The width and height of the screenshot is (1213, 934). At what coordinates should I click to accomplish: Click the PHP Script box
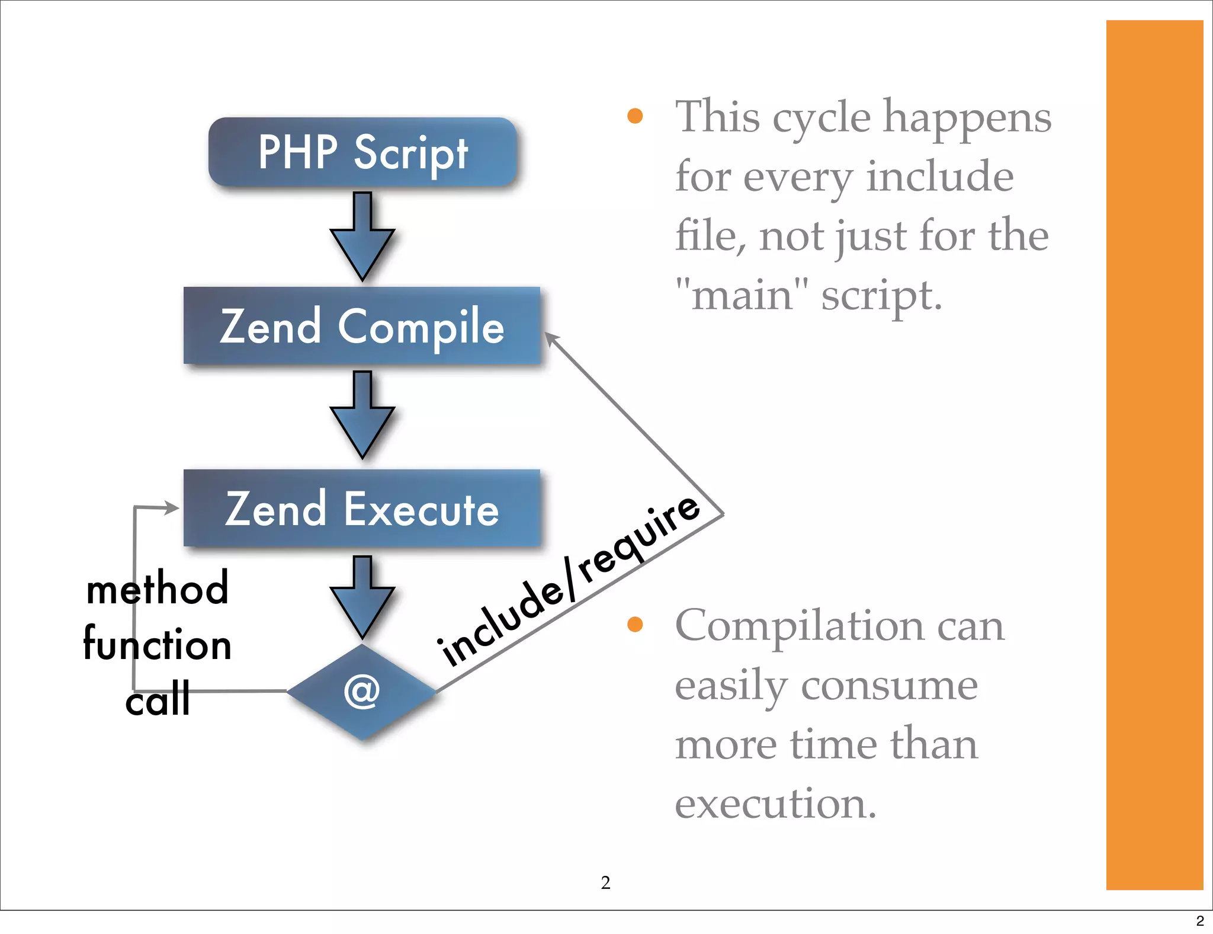(362, 152)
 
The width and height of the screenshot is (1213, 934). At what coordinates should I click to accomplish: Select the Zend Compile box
(362, 325)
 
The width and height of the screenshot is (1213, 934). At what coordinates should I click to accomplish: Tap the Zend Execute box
(362, 508)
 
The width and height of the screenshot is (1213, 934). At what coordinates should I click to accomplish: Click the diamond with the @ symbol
(362, 692)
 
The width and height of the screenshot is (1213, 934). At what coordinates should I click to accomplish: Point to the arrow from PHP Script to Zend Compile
(362, 237)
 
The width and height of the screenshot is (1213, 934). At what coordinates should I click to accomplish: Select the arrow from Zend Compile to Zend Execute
(362, 415)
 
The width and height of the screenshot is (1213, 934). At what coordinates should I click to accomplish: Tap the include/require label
(569, 581)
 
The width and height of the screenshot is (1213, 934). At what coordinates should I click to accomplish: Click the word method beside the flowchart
(158, 588)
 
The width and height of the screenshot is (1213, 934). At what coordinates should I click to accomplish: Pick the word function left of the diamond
(158, 644)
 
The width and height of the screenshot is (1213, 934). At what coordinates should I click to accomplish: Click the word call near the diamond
(158, 699)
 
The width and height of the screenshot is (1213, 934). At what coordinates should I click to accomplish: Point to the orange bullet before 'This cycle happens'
(635, 116)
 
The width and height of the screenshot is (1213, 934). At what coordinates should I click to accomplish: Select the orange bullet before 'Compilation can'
(635, 624)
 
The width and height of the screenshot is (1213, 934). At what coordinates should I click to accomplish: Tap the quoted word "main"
(742, 295)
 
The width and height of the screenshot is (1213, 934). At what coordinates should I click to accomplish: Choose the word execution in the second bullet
(775, 804)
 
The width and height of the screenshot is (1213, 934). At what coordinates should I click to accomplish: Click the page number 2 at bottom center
(605, 882)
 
